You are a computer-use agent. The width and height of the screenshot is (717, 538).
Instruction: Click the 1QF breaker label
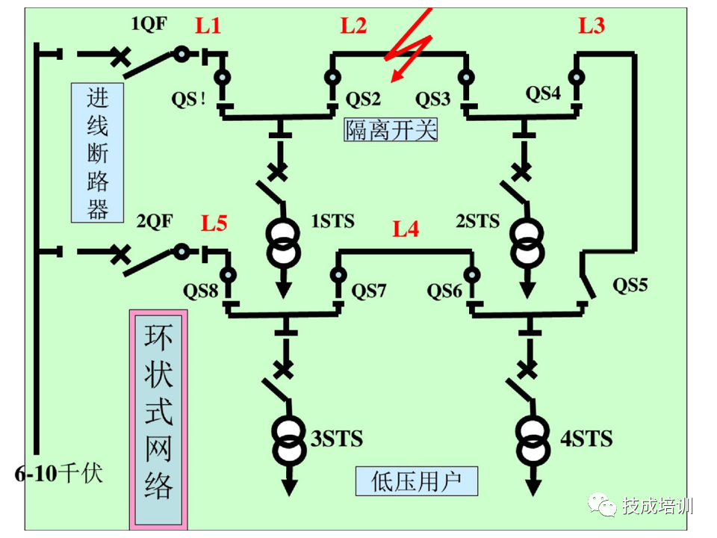[x=149, y=24]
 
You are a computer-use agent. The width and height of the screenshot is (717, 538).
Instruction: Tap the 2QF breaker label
[x=155, y=222]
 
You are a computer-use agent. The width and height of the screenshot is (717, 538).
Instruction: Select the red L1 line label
[x=208, y=26]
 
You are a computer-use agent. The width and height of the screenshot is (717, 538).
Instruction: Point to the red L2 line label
[x=353, y=26]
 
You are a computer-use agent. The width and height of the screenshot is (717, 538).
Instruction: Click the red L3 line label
[x=591, y=26]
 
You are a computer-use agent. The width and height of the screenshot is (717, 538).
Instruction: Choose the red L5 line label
[x=214, y=223]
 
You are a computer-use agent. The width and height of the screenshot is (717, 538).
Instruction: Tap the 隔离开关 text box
[x=390, y=130]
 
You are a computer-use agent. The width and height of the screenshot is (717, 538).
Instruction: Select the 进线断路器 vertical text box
[x=98, y=152]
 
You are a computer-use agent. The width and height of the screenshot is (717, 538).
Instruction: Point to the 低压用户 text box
[x=416, y=481]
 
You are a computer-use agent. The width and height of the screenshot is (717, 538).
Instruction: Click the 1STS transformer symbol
[x=284, y=243]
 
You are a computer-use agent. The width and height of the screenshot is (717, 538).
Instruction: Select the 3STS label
[x=336, y=438]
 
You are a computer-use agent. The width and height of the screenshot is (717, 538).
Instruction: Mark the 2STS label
[x=477, y=221]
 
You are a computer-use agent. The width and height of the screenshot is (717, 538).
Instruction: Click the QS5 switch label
[x=630, y=285]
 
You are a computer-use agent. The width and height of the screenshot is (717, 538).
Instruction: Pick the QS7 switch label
[x=368, y=290]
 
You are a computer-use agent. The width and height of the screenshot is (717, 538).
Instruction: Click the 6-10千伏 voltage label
[x=58, y=474]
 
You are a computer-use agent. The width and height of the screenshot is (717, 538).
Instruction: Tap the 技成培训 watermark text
[x=658, y=506]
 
